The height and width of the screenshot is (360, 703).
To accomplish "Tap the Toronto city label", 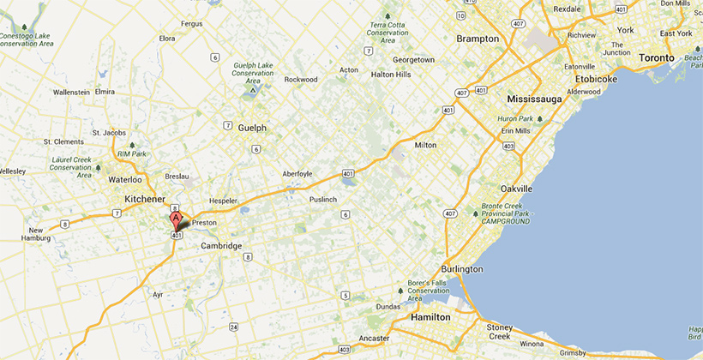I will point(658,57).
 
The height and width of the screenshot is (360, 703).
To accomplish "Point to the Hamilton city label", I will point(430,317).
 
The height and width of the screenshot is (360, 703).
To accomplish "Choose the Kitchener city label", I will point(145,199).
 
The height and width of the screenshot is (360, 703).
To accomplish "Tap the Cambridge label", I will point(221,246).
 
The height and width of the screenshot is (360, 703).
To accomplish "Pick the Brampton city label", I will point(478,39).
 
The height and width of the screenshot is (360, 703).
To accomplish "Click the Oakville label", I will point(516,189).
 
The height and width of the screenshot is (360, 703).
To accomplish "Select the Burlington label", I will point(462,269).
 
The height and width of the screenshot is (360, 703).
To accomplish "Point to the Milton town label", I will point(425,146).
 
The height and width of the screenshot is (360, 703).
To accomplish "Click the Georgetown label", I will point(413,60).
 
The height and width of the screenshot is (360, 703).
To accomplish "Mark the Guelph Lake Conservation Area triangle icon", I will point(252,89).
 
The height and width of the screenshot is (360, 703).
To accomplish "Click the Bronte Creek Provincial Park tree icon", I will point(475,214).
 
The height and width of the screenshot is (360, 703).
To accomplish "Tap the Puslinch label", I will point(324,200).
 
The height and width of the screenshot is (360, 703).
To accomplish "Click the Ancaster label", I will point(375,338).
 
